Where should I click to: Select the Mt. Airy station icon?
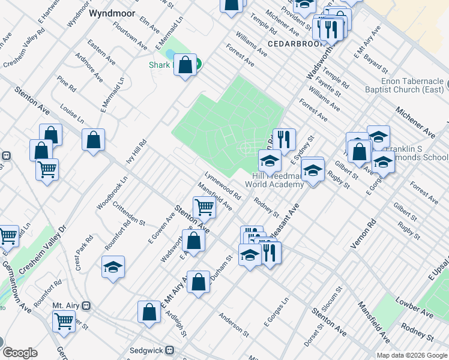tap(86, 305)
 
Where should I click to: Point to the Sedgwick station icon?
tap(170, 350)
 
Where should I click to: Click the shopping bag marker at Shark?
tap(185, 65)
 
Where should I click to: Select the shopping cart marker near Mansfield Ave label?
tap(204, 207)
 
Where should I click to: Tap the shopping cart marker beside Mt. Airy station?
tap(64, 320)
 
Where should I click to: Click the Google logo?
tap(20, 352)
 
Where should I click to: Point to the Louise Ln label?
tap(71, 114)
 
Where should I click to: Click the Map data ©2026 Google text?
tap(411, 355)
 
